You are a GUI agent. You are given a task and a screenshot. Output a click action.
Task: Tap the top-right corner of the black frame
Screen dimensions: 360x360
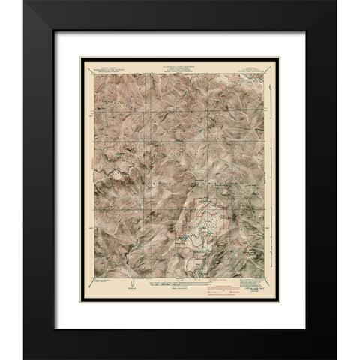[334, 1]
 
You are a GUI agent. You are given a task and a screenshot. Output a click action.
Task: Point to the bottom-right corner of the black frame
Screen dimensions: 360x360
[334, 358]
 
